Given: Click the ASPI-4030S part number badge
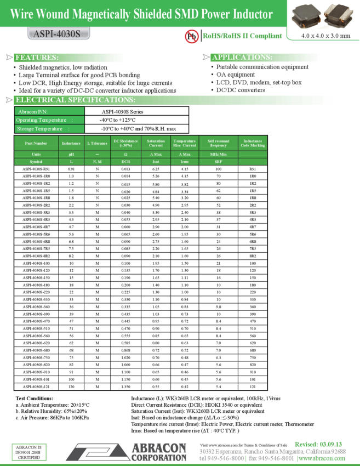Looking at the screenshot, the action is click(x=58, y=34).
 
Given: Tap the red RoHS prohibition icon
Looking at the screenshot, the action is click(x=191, y=36).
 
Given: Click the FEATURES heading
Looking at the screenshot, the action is click(x=37, y=58).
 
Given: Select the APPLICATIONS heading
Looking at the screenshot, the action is click(x=242, y=58).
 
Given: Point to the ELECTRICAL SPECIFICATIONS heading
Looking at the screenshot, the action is click(x=75, y=100).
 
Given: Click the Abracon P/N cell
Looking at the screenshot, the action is click(x=50, y=111).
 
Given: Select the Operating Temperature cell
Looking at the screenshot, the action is click(x=50, y=120).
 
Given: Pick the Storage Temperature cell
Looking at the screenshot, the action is click(x=50, y=129).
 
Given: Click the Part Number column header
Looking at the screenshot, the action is click(x=36, y=143).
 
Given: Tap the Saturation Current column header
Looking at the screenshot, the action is click(x=156, y=143).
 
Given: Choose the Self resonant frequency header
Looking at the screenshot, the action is click(x=218, y=143).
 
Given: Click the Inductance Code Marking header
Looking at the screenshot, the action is click(x=253, y=143).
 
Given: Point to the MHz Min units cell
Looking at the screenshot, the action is click(x=218, y=155).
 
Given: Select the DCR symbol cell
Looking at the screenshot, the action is click(x=125, y=162).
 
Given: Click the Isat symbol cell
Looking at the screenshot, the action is click(x=156, y=162).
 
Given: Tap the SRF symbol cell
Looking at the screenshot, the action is click(x=218, y=162).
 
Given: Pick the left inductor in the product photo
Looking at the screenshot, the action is click(x=308, y=15).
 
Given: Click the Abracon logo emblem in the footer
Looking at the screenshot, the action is click(x=98, y=452).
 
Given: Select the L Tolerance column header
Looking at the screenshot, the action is click(x=97, y=143).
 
